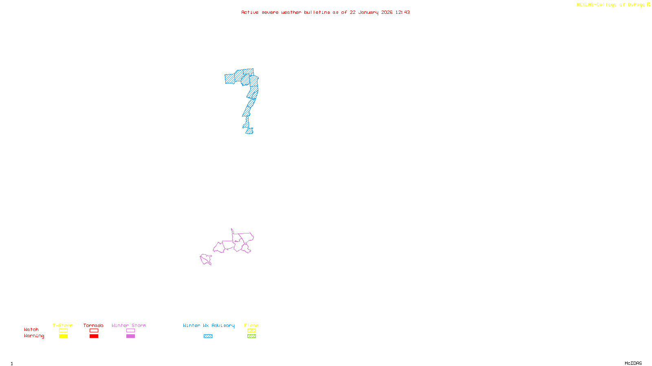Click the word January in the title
tap(368, 12)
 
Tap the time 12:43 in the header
tap(403, 12)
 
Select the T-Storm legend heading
tap(63, 325)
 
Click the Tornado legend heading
tap(93, 325)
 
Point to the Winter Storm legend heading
tap(129, 325)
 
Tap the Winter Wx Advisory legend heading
tap(209, 325)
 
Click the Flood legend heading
tap(251, 325)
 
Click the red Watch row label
tap(31, 329)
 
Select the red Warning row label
tap(34, 336)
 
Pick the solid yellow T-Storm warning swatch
tap(63, 336)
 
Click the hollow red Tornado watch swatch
tap(94, 331)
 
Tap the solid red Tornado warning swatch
tap(94, 336)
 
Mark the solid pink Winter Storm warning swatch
tap(130, 336)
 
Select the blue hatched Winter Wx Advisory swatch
tap(208, 336)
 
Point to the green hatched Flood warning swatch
tap(251, 336)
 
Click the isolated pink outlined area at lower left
tap(206, 259)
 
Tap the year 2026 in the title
tap(387, 12)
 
